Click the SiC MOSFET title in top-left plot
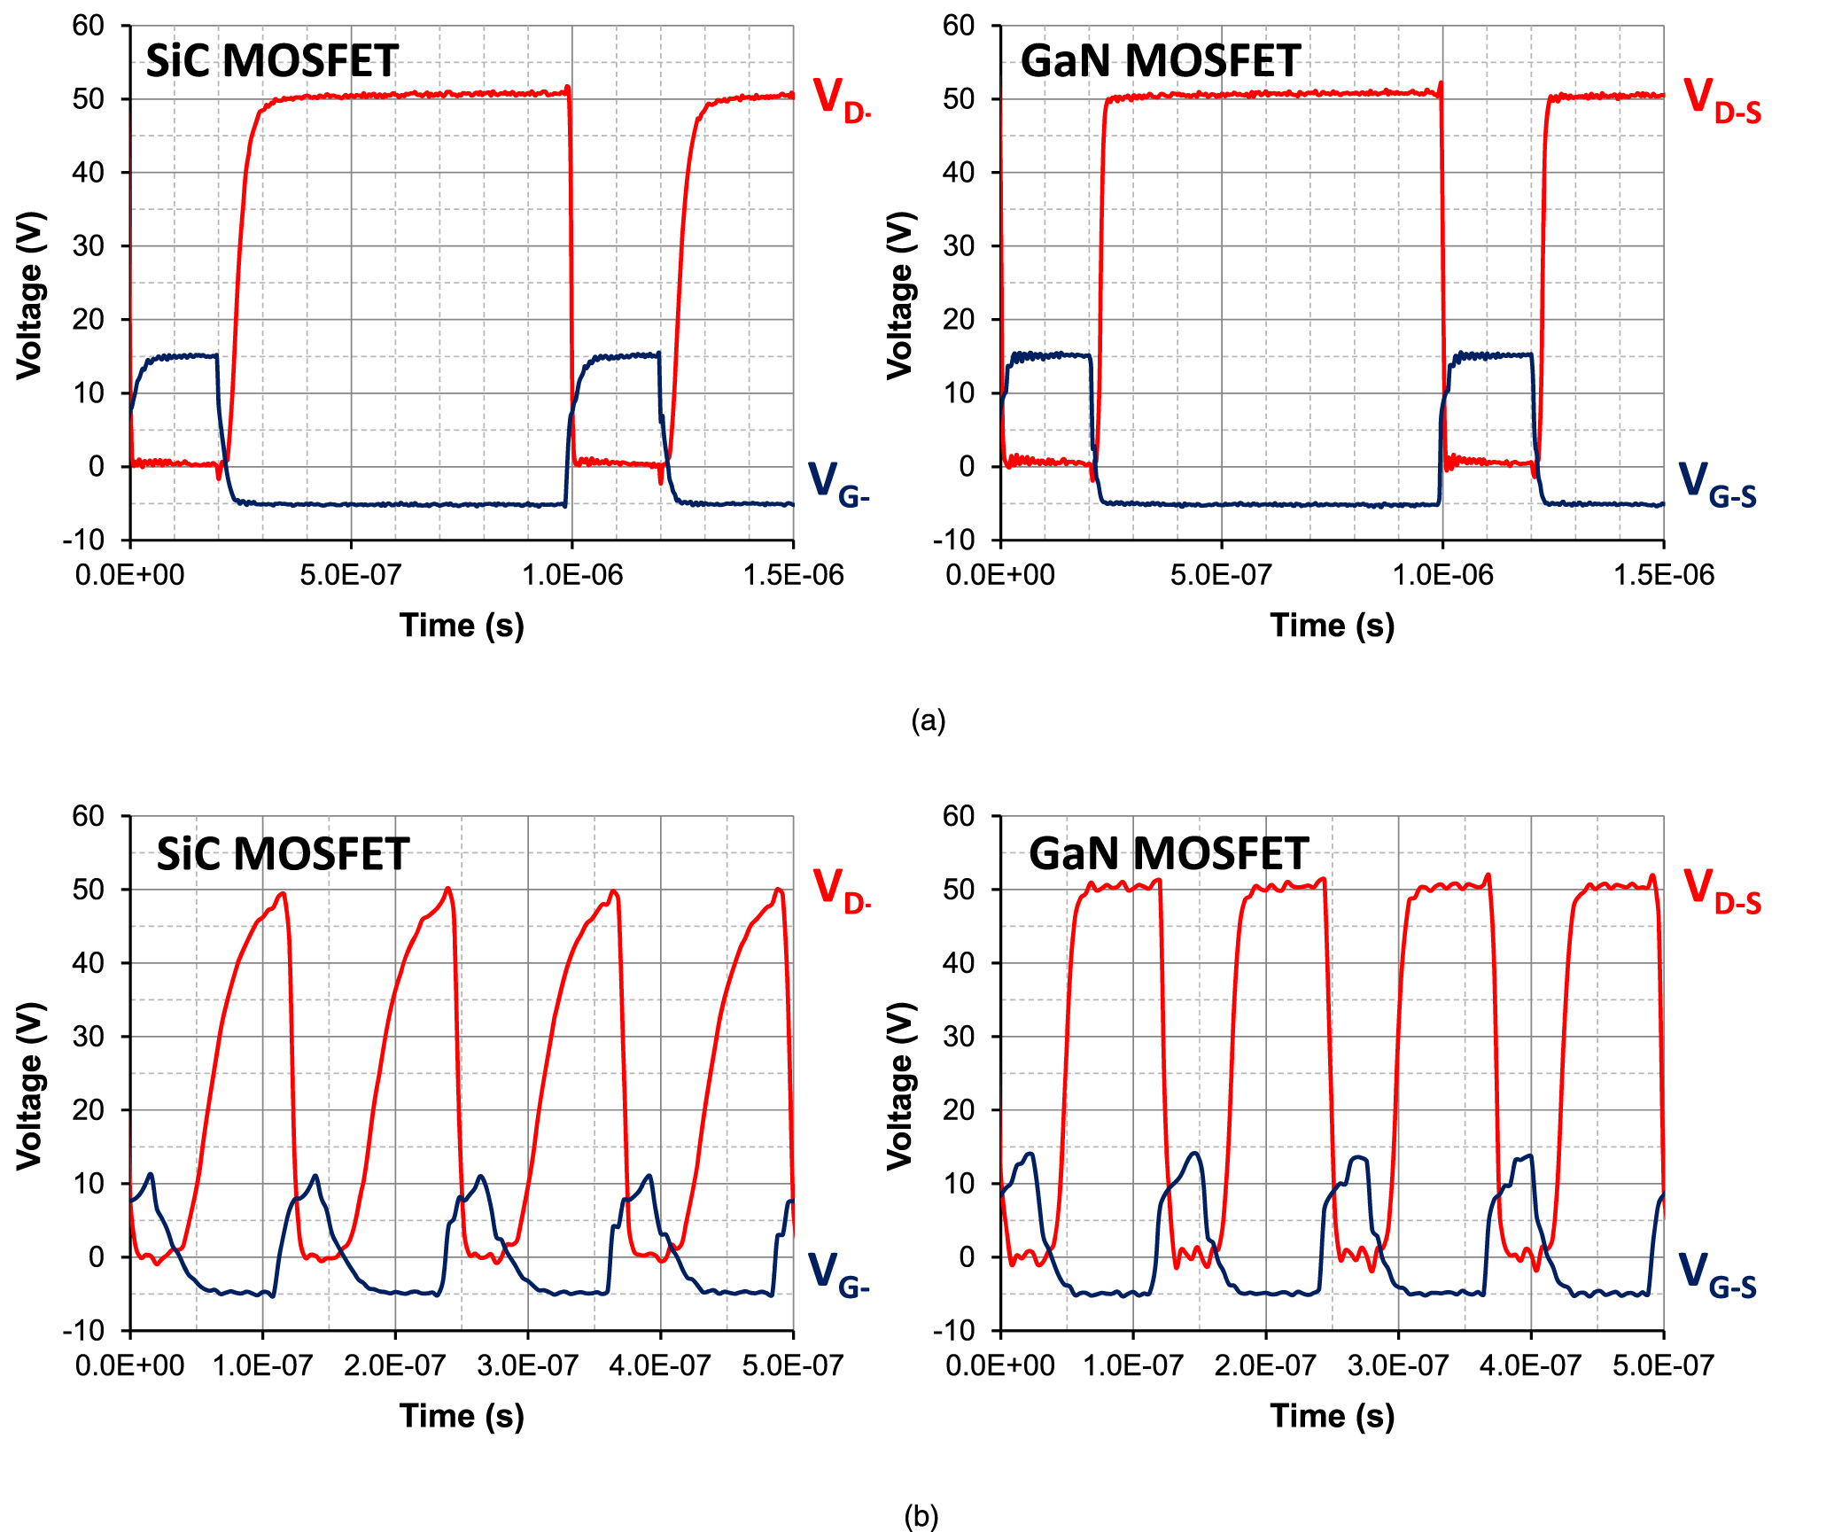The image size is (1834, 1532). point(272,61)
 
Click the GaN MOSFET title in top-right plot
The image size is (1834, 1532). point(1160,61)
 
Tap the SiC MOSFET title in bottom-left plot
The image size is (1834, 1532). point(283,854)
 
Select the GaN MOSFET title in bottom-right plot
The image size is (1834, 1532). point(1169,854)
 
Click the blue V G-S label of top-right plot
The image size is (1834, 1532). point(1717,485)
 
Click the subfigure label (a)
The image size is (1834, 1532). point(928,720)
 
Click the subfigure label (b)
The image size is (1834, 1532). point(921,1516)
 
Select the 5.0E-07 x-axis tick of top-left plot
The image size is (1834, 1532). point(351,575)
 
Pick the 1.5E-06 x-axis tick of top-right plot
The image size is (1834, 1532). point(1663,575)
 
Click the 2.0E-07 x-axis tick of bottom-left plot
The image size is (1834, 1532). point(395,1365)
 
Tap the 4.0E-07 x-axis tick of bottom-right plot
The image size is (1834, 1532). point(1530,1365)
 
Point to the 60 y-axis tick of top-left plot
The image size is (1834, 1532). point(89,26)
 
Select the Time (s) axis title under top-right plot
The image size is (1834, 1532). point(1332,626)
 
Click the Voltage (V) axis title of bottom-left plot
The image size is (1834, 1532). point(29,1086)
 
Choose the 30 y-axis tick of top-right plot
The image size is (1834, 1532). point(960,246)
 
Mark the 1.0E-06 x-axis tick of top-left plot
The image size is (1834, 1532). point(572,575)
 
